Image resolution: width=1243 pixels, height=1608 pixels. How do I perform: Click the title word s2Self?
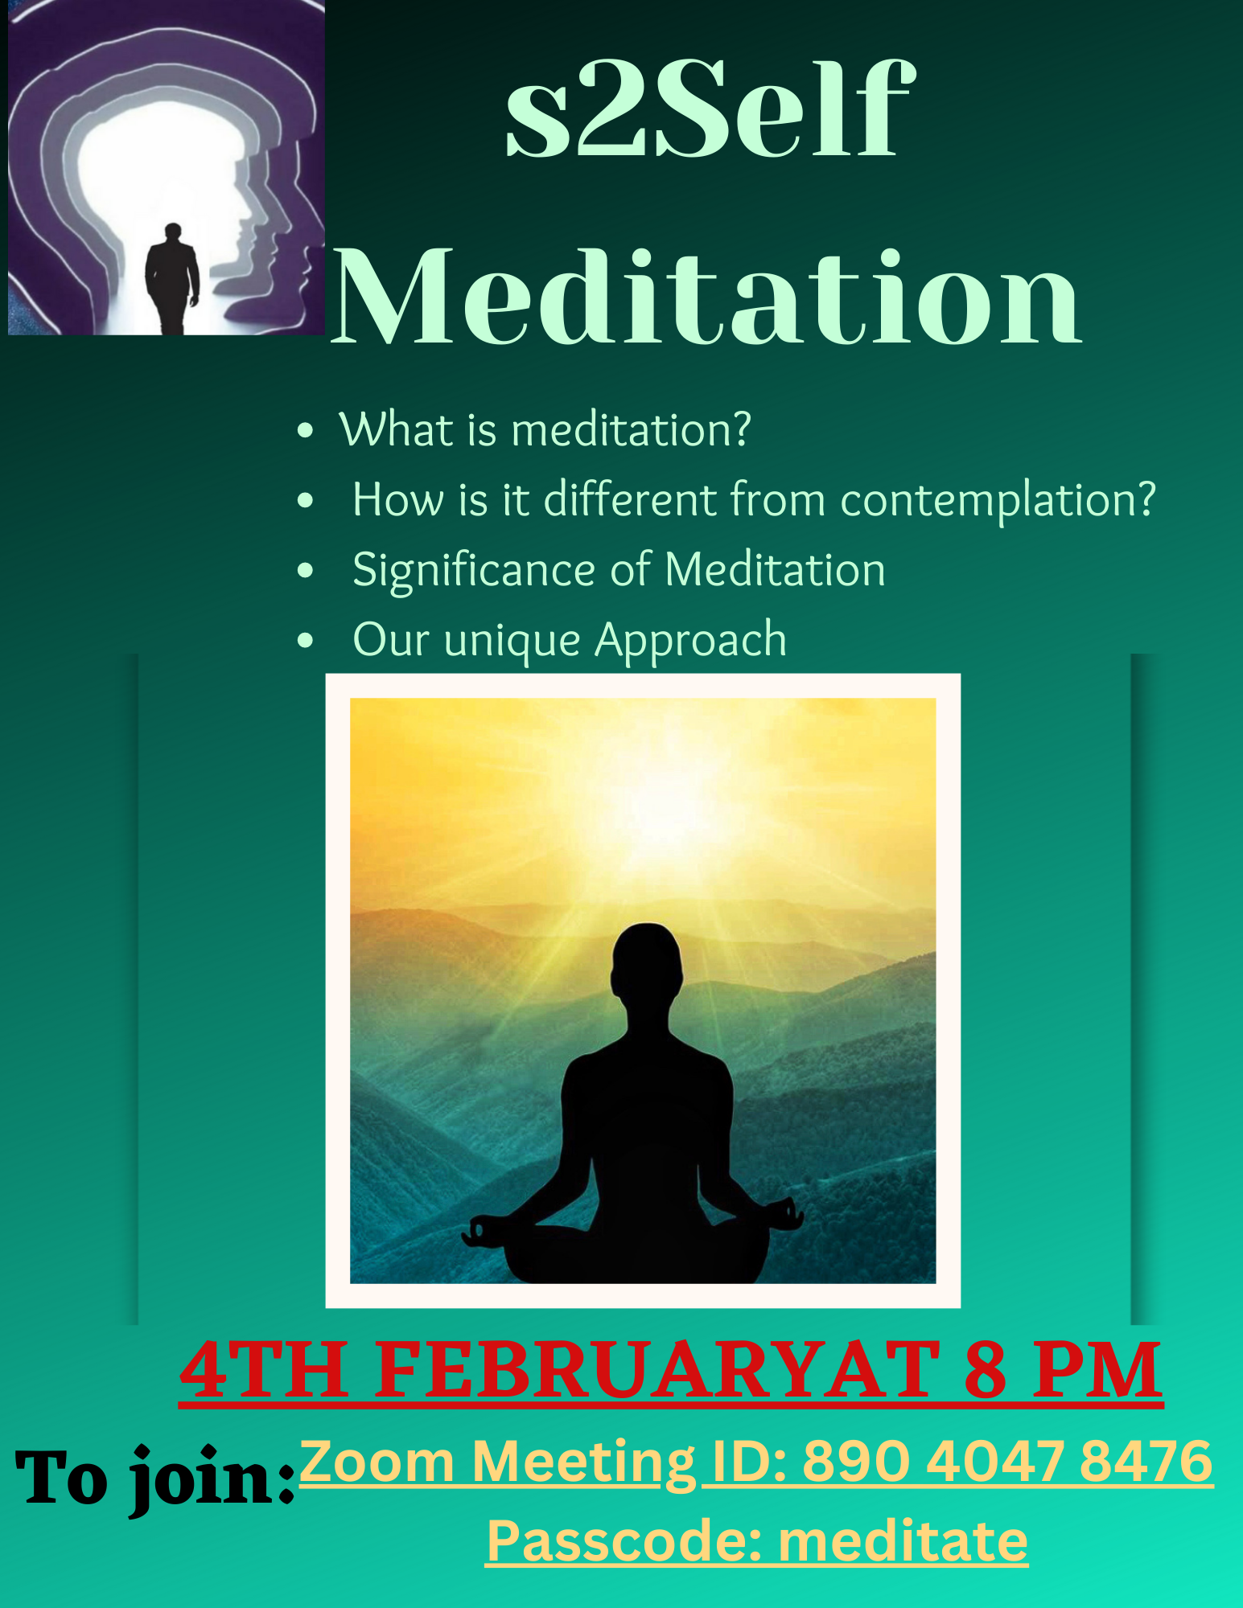(710, 109)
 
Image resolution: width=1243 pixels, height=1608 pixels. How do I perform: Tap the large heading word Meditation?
(706, 297)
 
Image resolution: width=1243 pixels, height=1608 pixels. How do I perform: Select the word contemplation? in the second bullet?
(998, 499)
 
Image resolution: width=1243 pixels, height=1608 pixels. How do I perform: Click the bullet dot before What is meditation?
(305, 430)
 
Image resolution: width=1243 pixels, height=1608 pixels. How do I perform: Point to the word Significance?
(474, 570)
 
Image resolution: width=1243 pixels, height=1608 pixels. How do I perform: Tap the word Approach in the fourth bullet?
(690, 641)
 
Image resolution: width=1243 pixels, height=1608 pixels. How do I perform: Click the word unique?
(512, 642)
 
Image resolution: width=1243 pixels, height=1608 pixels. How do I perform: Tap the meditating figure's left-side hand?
(481, 1230)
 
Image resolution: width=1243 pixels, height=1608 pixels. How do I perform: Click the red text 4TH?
(265, 1370)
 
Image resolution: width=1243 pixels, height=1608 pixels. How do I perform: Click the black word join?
(213, 1480)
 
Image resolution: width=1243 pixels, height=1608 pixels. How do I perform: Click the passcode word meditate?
(903, 1541)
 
